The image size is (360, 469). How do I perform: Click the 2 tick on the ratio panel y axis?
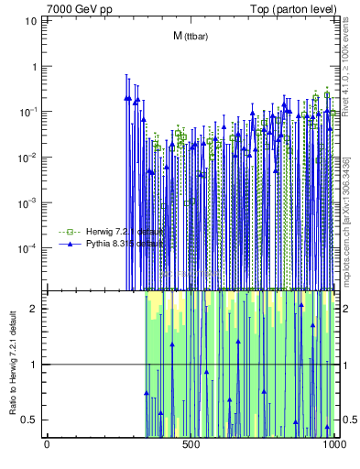36,308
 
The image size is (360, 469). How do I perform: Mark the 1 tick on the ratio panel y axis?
36,365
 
